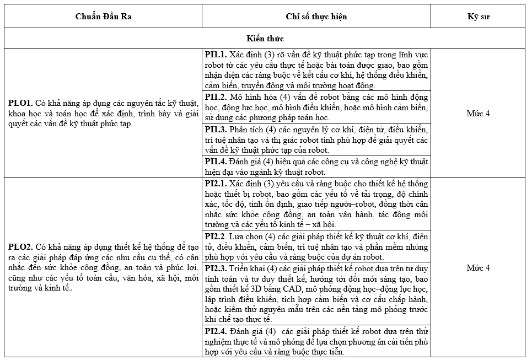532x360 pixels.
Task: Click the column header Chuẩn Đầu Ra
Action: [103, 17]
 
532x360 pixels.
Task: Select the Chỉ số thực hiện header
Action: [316, 17]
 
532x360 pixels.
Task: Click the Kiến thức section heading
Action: [266, 39]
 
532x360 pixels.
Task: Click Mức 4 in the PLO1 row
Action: [478, 114]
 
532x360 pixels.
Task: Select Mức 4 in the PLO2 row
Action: [478, 268]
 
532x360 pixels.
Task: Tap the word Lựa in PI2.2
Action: [237, 237]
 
